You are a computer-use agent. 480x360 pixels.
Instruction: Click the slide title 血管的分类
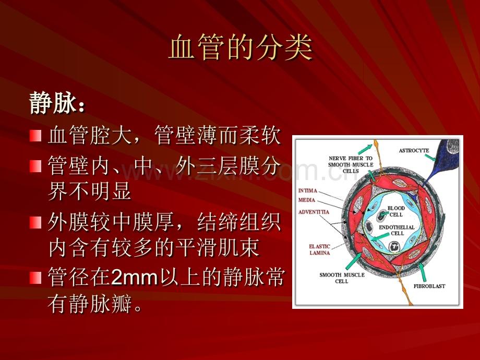coord(241,47)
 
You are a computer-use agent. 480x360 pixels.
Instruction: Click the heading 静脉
coord(53,103)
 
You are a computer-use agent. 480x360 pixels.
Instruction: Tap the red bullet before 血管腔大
coord(35,136)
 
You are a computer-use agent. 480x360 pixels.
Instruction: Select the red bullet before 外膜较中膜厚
coord(35,223)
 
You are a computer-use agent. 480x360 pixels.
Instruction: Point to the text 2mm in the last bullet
coord(134,277)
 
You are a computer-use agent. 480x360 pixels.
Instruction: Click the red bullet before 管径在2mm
coord(35,278)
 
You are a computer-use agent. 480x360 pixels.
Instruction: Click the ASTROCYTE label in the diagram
coord(414,151)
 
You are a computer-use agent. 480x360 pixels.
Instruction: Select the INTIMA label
coord(308,191)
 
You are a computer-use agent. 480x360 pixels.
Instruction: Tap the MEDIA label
coord(307,200)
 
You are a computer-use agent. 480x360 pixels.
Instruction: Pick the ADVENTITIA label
coord(314,212)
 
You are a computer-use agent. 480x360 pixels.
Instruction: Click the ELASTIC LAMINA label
coord(320,249)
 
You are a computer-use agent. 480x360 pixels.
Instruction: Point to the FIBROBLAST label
coord(429,286)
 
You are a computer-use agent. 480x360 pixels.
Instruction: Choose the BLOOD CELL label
coord(396,211)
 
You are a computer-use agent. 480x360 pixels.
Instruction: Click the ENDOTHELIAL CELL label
coord(397,230)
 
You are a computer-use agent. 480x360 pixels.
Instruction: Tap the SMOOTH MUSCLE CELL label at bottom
coord(342,278)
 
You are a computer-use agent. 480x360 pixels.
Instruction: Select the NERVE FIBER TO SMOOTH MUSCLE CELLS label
coord(351,165)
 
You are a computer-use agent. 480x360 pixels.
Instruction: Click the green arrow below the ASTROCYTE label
coord(430,158)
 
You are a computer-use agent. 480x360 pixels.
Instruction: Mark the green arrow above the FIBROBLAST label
coord(423,272)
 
